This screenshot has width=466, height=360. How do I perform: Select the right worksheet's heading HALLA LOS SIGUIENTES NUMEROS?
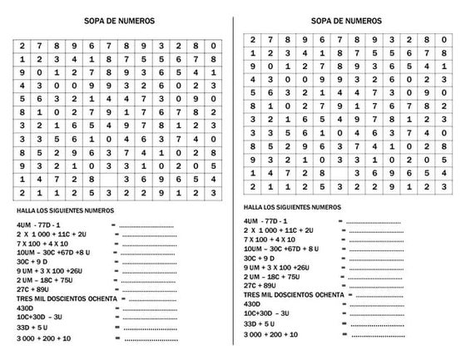(292, 207)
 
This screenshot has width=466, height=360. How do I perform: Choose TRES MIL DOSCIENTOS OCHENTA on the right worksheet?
(293, 295)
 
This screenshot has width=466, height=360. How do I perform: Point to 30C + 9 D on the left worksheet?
(33, 261)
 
